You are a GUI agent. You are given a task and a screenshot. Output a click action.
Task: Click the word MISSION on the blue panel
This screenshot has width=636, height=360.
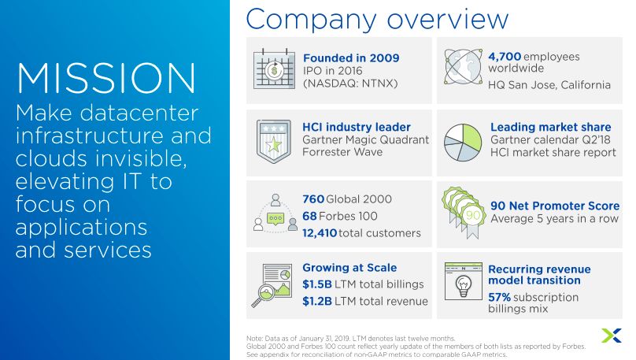click(106, 78)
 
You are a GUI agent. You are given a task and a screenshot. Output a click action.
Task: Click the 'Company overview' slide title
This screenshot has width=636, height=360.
click(377, 19)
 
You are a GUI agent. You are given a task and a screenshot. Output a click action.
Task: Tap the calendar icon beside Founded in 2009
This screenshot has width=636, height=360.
click(274, 69)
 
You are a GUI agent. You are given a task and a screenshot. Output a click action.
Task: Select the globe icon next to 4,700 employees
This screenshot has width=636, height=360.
click(463, 66)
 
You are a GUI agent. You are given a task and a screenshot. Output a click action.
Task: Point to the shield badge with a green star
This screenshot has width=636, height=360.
click(274, 141)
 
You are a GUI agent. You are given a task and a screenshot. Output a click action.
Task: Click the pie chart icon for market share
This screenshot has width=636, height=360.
click(463, 143)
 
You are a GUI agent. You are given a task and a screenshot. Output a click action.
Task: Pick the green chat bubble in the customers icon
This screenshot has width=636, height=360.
click(275, 219)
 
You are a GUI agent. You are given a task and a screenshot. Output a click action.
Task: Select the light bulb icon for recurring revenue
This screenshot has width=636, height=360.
click(463, 286)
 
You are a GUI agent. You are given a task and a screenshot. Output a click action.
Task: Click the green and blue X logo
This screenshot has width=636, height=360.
click(612, 336)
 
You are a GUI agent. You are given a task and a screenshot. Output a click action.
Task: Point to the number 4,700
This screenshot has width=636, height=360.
click(505, 57)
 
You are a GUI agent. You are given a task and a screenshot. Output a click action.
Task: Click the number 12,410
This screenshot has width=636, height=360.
click(320, 233)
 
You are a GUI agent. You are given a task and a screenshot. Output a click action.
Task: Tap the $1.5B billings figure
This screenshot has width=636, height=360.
click(317, 284)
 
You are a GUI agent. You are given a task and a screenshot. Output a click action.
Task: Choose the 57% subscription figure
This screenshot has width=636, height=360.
click(499, 297)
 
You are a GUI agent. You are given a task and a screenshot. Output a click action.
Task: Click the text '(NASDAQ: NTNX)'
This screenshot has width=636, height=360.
click(350, 84)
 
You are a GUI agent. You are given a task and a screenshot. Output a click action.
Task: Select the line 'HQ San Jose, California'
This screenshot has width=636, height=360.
click(549, 85)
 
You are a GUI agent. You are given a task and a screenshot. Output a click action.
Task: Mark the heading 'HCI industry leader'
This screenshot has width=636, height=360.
click(357, 127)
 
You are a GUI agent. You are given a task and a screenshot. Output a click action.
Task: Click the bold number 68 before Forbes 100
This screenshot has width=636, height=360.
click(309, 216)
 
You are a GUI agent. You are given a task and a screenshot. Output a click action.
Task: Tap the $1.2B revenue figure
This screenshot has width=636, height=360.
click(317, 301)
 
